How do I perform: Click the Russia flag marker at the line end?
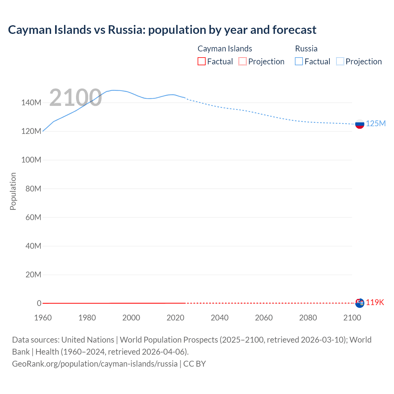pyautogui.click(x=360, y=124)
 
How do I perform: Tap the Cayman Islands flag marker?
pyautogui.click(x=360, y=303)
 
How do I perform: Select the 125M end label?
pyautogui.click(x=376, y=123)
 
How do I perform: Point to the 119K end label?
pyautogui.click(x=375, y=302)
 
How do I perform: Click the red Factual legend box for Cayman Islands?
pyautogui.click(x=201, y=62)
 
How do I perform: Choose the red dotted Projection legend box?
pyautogui.click(x=243, y=62)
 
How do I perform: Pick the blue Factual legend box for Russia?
pyautogui.click(x=299, y=62)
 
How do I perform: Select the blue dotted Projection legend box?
pyautogui.click(x=340, y=62)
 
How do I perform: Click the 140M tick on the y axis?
pyautogui.click(x=31, y=103)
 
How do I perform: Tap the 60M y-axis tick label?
pyautogui.click(x=33, y=217)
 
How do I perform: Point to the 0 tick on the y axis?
pyautogui.click(x=39, y=303)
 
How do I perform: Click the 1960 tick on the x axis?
pyautogui.click(x=43, y=318)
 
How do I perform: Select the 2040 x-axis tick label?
pyautogui.click(x=219, y=318)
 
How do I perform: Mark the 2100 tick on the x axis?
pyautogui.click(x=352, y=318)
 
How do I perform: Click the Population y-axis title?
pyautogui.click(x=13, y=191)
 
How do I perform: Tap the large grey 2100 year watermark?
pyautogui.click(x=75, y=98)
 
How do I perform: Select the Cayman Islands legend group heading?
pyautogui.click(x=225, y=49)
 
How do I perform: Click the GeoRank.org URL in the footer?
pyautogui.click(x=95, y=364)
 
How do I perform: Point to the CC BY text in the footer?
pyautogui.click(x=195, y=364)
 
